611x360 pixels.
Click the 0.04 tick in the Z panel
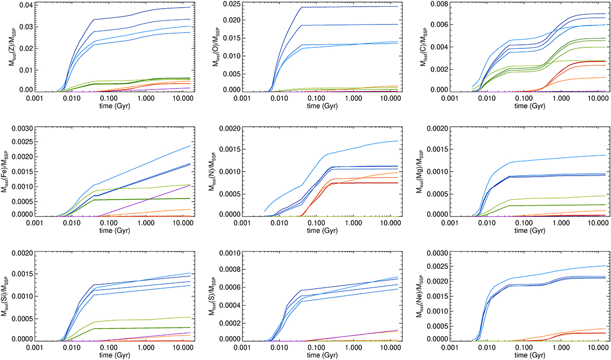click(x=25, y=5)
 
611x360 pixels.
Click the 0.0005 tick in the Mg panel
click(x=438, y=194)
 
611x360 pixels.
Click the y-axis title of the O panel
click(x=214, y=48)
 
